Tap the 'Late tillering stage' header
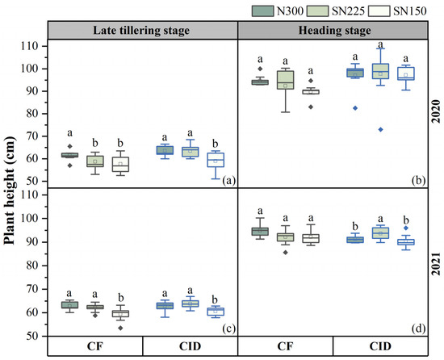[x=142, y=30]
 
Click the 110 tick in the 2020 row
[x=36, y=47]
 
